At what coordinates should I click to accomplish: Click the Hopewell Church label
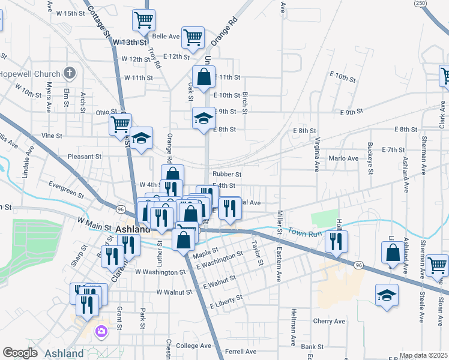coord(30,74)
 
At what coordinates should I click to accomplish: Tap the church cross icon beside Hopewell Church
coord(70,74)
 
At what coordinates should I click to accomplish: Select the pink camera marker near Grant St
coord(101,331)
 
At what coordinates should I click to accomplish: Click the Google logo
coord(20,353)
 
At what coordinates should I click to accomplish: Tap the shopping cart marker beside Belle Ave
coord(193,37)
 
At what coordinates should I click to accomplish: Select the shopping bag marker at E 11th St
coord(204,77)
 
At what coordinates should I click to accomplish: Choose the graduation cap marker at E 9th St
coord(203,117)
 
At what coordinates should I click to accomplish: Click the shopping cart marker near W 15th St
coord(144,20)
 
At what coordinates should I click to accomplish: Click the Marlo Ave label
coord(343,158)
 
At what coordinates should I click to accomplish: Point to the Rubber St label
coord(227,175)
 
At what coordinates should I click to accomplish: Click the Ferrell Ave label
coord(241,352)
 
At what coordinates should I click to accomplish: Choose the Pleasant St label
coord(85,157)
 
